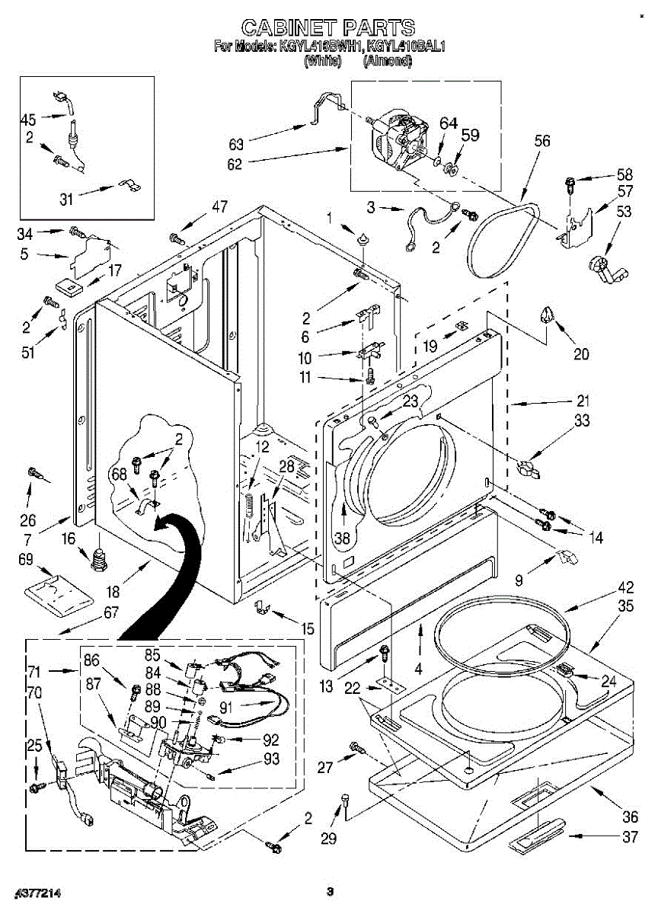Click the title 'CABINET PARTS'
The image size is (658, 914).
[328, 28]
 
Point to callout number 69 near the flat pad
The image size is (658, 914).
[25, 560]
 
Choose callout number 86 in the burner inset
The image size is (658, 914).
[91, 662]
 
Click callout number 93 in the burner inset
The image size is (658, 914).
[270, 759]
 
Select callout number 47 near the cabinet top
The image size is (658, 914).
[220, 206]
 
